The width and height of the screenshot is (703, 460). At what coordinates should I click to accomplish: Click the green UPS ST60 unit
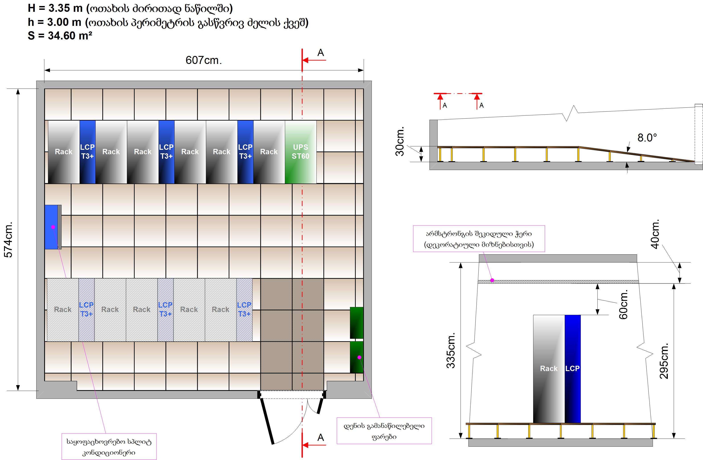[x=300, y=152]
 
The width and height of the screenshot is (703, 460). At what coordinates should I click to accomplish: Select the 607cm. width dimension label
[x=203, y=60]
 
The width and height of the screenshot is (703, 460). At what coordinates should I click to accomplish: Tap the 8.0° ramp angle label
[x=647, y=138]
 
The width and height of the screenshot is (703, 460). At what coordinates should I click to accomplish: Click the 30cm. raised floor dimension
[x=400, y=141]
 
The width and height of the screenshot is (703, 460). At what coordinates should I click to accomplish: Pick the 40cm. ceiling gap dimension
[x=655, y=234]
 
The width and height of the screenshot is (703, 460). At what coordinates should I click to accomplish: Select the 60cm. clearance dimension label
[x=623, y=304]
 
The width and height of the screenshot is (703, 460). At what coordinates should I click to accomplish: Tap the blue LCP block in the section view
[x=572, y=368]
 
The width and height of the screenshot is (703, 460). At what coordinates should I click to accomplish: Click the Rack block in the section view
[x=549, y=368]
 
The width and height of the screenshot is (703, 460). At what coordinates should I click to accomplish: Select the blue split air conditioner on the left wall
[x=52, y=227]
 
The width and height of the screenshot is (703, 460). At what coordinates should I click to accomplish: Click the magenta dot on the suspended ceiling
[x=492, y=280]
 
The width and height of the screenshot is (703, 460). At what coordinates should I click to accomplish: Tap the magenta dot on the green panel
[x=360, y=357]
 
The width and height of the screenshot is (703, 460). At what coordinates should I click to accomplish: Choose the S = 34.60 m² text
[x=60, y=36]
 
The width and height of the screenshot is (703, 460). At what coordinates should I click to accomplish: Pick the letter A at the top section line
[x=321, y=53]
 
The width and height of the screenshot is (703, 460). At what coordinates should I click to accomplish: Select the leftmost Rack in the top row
[x=64, y=152]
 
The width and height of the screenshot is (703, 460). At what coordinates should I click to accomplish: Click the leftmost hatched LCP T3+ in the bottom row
[x=86, y=309]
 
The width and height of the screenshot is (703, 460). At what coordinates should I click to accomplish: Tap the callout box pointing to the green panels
[x=384, y=431]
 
